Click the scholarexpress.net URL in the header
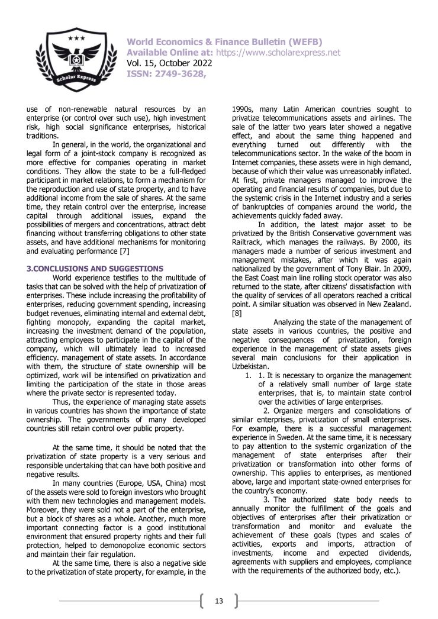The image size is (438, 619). (x=278, y=53)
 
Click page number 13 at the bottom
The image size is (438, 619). (x=219, y=602)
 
